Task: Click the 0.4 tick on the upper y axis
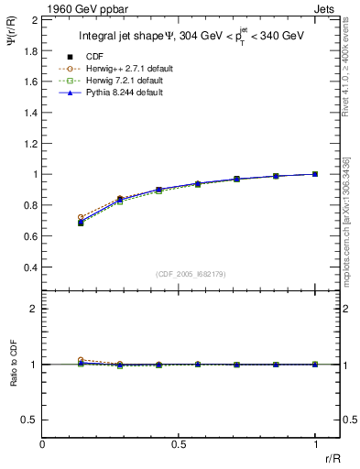(x=28, y=267)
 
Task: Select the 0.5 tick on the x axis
(x=179, y=444)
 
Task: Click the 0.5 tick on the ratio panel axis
(x=28, y=420)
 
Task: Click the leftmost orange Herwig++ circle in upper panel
(x=81, y=217)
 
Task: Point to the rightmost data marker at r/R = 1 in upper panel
(x=315, y=174)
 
